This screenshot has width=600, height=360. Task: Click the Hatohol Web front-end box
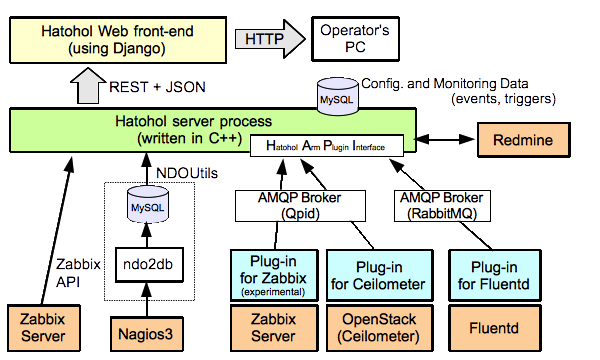pos(118,40)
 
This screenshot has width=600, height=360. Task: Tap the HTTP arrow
pos(270,39)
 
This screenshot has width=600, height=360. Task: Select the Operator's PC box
pos(355,39)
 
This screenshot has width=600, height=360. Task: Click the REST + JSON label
pos(157,87)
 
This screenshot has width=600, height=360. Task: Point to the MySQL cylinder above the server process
pos(338,96)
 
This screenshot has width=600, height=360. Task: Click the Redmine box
pos(523,140)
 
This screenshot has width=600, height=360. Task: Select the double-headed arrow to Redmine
pos(445,139)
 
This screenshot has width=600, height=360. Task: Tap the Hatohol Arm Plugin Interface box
pos(326,145)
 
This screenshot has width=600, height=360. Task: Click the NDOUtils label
pos(187,173)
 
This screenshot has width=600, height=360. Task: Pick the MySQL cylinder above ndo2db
pos(148,205)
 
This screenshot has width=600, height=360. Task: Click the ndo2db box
pos(149,265)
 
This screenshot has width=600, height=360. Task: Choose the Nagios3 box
pos(147,334)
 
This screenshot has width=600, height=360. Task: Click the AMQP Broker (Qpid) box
pos(300,206)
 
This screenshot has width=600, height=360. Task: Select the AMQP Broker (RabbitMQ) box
pos(442,206)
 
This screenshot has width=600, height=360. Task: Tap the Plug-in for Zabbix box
pos(274,275)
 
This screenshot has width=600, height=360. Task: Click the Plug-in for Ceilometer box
pos(379,275)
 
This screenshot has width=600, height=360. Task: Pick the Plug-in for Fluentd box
pos(494,275)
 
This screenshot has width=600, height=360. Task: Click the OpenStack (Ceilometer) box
pos(379,328)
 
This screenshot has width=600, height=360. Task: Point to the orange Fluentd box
pos(494,328)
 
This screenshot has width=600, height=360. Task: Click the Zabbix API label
pos(78,273)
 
